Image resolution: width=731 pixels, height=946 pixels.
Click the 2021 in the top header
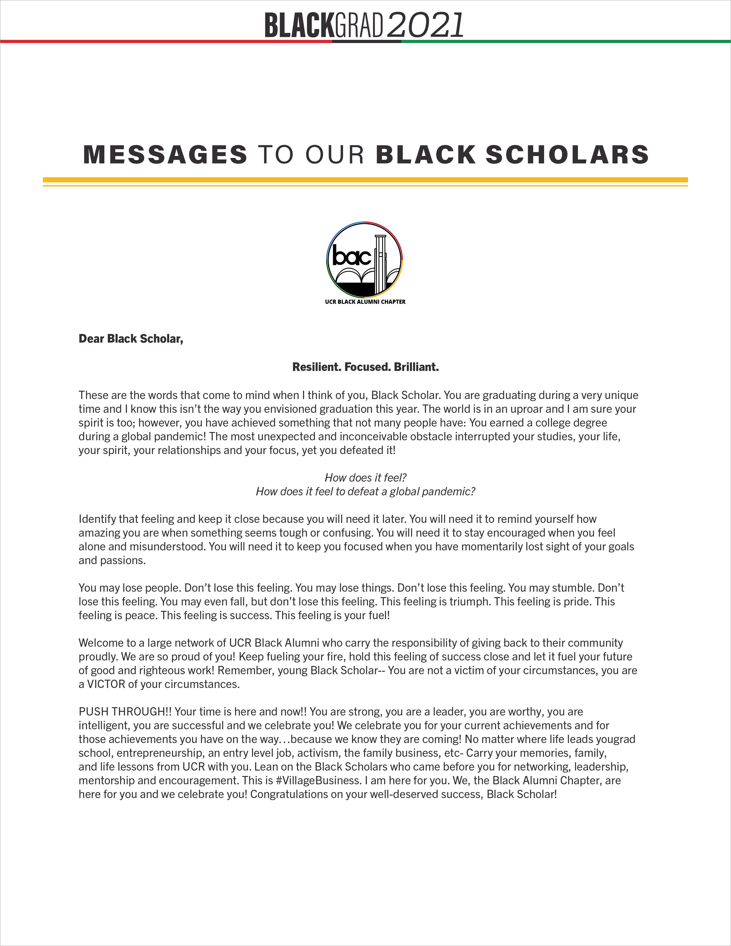coord(425,25)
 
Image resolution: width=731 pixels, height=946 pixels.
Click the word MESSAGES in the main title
coord(165,155)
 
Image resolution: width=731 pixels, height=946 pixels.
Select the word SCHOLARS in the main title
coord(567,155)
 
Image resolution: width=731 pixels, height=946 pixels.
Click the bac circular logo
coord(365,260)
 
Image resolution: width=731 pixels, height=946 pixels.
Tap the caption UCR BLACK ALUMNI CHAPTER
coord(365,302)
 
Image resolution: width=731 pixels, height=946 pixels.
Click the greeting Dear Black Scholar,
coord(131,339)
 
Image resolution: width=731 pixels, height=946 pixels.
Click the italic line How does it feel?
coord(365,478)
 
